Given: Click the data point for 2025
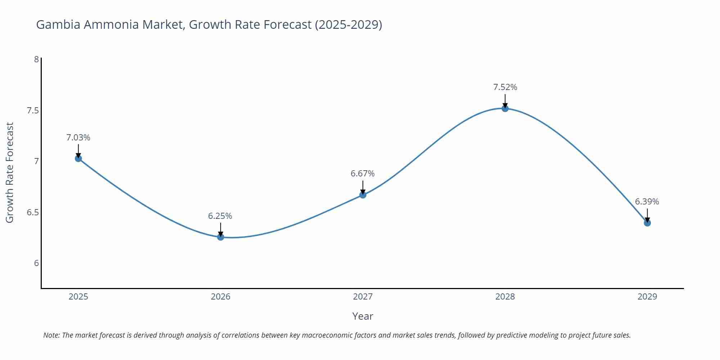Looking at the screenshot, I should tap(78, 158).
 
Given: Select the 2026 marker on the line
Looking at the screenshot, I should tap(221, 237).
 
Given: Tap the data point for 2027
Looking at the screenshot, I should tap(363, 195).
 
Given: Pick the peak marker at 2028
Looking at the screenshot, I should tap(505, 108).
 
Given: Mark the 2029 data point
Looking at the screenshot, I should tap(647, 223).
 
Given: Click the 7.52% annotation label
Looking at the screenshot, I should tap(505, 87).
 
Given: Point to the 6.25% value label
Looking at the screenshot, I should tap(220, 216).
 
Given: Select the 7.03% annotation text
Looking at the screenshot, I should tap(78, 138).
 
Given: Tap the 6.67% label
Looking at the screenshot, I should tap(363, 174).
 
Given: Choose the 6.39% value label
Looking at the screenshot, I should tap(647, 202).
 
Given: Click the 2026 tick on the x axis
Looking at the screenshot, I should tap(221, 297).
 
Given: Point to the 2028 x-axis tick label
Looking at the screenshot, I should tap(505, 297).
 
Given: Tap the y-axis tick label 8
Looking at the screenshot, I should tap(36, 59).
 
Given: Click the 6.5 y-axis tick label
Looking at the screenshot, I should tap(33, 212).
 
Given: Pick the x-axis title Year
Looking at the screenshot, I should tap(363, 316).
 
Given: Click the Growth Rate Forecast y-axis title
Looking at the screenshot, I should tap(10, 172).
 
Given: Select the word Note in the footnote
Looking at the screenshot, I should tap(51, 335).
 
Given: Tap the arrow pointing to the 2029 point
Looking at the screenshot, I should tap(647, 215).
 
